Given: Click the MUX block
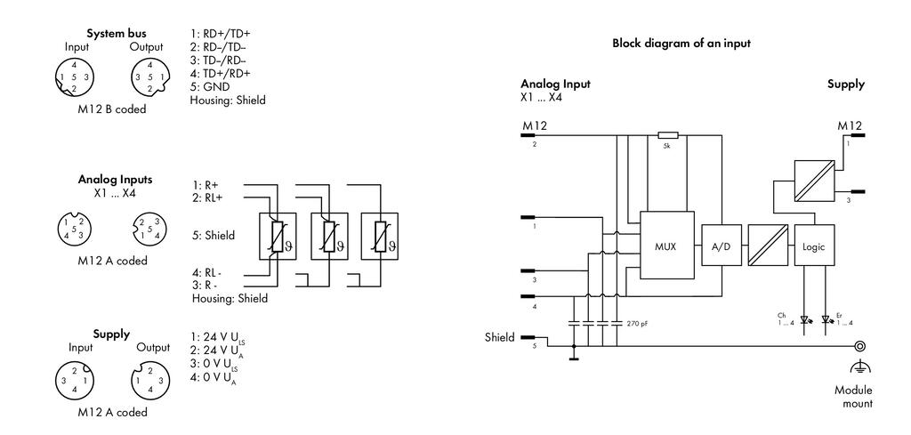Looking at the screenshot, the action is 667,246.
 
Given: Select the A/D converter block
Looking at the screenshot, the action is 721,246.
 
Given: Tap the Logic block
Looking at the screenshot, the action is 813,246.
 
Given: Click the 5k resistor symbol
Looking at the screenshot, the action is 667,135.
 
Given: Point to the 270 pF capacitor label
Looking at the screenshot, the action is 637,323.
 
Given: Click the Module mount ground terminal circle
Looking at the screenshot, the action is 860,346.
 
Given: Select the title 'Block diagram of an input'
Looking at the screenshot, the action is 681,43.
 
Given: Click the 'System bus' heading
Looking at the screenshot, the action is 117,33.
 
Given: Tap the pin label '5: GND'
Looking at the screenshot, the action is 210,87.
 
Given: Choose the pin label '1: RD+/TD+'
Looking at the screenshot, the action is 221,34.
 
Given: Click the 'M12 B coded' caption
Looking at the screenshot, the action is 113,109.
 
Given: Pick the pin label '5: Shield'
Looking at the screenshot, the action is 214,235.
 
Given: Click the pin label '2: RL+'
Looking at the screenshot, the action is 206,198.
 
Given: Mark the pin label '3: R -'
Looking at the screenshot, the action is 205,285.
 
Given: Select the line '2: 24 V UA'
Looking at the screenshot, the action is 215,350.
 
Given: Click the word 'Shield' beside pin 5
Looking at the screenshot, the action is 500,337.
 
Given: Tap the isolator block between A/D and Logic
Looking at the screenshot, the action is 768,246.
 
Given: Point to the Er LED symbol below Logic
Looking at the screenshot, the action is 827,318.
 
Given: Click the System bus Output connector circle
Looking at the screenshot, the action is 149,77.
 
